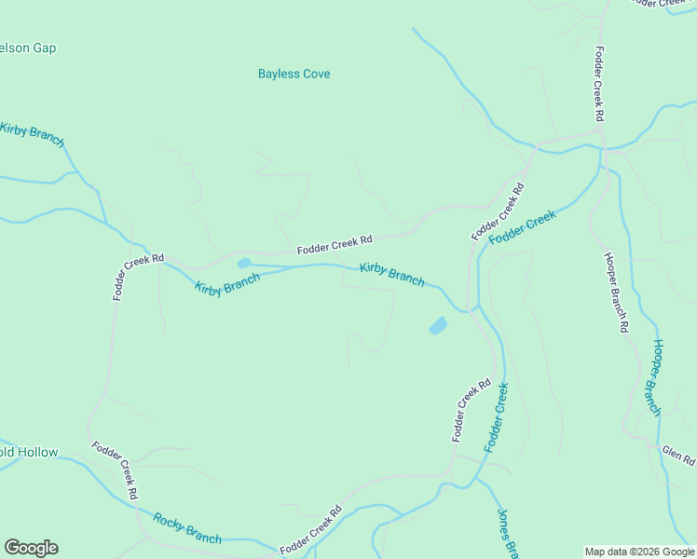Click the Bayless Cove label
(294, 74)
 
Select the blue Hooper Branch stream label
(656, 377)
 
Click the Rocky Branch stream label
(187, 528)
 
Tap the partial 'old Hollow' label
(29, 453)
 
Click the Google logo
(31, 548)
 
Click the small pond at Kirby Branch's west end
(244, 263)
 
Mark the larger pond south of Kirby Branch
(437, 326)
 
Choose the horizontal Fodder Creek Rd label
(335, 245)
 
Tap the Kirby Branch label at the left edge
(33, 134)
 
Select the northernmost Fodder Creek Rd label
(600, 84)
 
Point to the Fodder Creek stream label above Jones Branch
(496, 417)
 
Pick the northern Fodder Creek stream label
(522, 226)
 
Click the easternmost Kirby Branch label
(392, 274)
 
